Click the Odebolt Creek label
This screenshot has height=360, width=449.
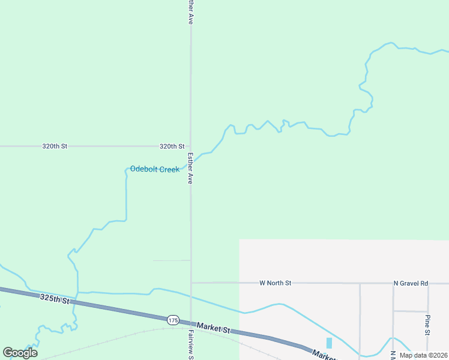pos(155,169)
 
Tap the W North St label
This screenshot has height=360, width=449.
pos(275,283)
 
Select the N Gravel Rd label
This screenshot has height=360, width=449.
pos(411,283)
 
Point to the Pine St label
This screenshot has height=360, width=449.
pos(427,325)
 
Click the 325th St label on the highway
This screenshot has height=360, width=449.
pos(55,298)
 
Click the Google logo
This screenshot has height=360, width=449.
pos(20,353)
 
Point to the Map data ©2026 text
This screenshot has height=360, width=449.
pos(423,355)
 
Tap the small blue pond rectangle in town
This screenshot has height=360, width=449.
pos(329,343)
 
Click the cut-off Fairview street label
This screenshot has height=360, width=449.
pos(191,344)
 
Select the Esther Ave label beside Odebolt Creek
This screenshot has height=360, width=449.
pos(190,168)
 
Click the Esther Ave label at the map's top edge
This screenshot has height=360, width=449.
pos(190,12)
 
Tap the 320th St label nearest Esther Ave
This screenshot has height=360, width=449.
pos(172,146)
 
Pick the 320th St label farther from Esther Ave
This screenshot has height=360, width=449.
pos(55,146)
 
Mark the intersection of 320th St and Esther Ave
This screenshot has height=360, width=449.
pos(191,146)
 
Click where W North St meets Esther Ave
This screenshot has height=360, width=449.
pos(191,282)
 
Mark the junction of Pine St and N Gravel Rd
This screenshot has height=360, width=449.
pos(428,283)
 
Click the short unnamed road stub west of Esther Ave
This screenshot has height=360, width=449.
pos(172,260)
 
